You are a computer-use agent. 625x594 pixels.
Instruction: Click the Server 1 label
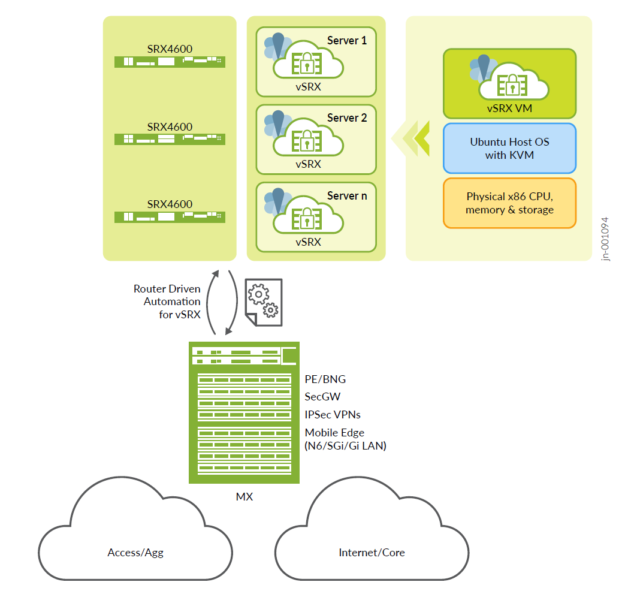coord(347,41)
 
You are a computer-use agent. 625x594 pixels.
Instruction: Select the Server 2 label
coord(347,118)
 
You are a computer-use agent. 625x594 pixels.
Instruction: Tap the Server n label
coord(347,196)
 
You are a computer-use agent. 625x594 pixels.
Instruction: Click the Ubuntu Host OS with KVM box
coord(509,149)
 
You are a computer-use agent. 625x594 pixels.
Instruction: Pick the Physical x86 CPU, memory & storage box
coord(509,203)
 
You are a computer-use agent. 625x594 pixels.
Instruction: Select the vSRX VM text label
coord(509,108)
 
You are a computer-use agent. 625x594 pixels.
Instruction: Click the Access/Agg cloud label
coord(135,553)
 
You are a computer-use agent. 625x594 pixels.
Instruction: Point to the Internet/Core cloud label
coord(372,553)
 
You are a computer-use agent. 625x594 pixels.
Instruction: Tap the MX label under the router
coord(244,497)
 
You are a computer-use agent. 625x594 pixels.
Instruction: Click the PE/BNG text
coord(325,379)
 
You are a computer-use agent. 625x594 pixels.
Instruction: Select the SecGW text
coord(322,397)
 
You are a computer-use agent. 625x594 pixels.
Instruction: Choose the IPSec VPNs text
coord(333,415)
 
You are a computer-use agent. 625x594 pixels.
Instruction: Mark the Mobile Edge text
coord(334,433)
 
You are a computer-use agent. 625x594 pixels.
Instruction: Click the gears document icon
coord(264,302)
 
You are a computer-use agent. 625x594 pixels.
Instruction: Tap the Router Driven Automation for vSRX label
coord(167,301)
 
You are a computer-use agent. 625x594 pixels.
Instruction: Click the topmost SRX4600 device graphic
coord(170,61)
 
